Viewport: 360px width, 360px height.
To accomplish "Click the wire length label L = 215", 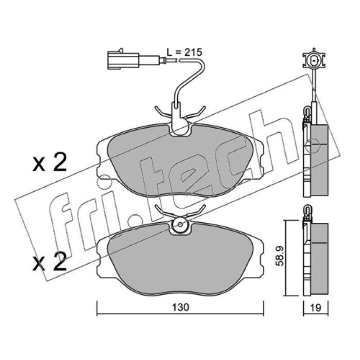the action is click(184, 52).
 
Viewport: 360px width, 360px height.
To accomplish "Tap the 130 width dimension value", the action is click(181, 307).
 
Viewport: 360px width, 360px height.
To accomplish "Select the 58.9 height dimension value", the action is click(280, 256).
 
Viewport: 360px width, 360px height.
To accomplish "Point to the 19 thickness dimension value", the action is click(316, 308).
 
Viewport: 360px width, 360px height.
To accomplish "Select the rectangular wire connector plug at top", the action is click(123, 60).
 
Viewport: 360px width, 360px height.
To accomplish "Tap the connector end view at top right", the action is click(314, 61).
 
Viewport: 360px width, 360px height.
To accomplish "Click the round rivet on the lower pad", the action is click(180, 224).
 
